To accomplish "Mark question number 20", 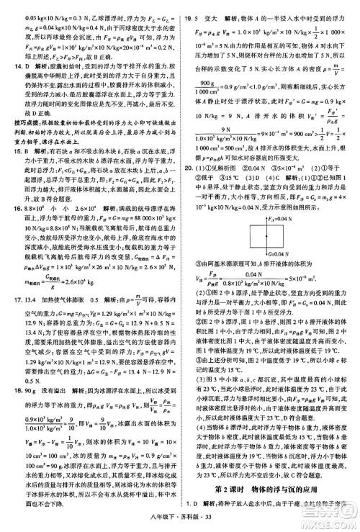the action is (x=189, y=188).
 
